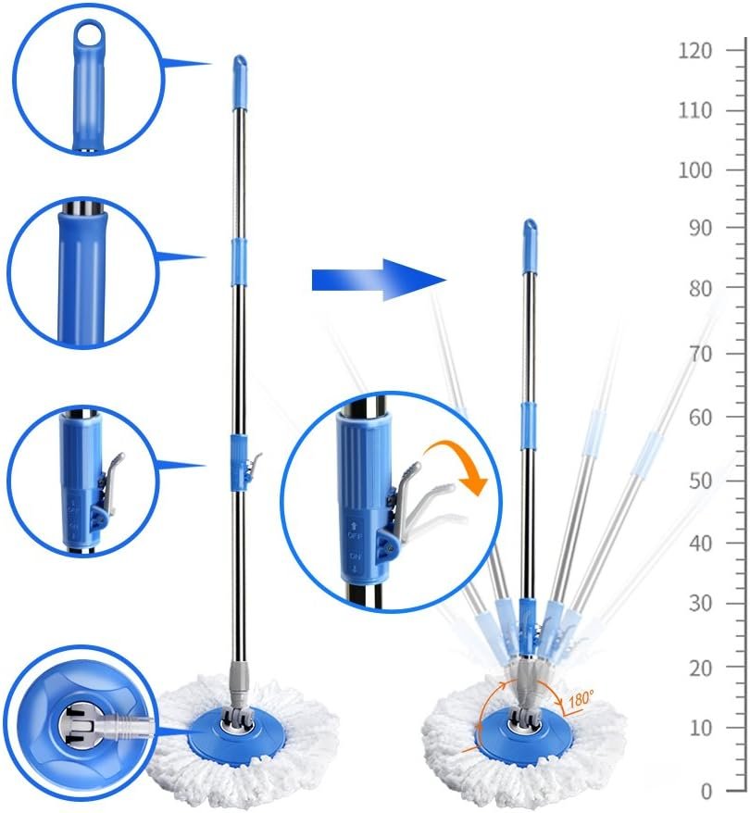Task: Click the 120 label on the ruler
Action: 695,51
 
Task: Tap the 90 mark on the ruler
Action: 700,228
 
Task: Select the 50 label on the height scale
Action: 700,481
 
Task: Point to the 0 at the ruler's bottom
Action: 706,792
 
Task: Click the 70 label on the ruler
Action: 700,354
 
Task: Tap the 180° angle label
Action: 581,699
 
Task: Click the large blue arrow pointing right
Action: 379,280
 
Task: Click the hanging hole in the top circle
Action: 90,32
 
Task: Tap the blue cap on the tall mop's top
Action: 240,83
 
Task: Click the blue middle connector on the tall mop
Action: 238,262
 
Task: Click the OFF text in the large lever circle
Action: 355,535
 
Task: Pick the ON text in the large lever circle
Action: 355,557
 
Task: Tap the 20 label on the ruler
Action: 700,669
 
